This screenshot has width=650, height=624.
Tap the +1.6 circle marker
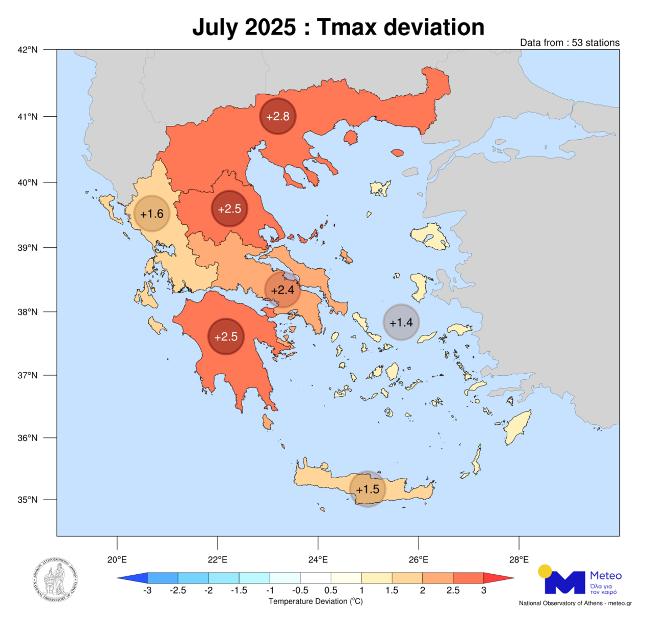[151, 214]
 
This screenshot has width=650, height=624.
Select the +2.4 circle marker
[283, 290]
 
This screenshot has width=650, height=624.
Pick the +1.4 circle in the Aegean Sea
[401, 322]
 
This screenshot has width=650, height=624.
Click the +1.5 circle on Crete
[368, 489]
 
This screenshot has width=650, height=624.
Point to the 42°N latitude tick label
[27, 49]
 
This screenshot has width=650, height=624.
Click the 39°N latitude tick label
[27, 247]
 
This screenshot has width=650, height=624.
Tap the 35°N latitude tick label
[27, 500]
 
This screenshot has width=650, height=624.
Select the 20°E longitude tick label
[117, 559]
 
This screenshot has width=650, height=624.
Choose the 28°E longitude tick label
[518, 559]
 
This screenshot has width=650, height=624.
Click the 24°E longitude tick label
[318, 559]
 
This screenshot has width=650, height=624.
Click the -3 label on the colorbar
[147, 592]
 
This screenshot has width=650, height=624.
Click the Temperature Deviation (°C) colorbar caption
[315, 603]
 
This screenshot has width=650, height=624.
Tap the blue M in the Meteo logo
[564, 582]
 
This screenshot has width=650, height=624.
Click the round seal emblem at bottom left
[53, 579]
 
